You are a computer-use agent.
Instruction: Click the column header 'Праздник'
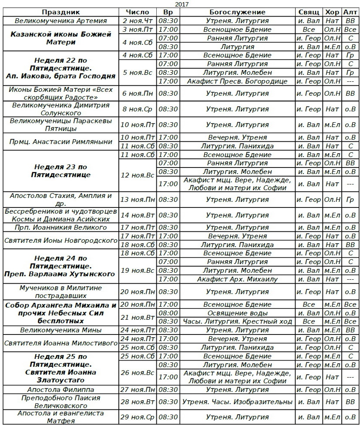tap(61, 12)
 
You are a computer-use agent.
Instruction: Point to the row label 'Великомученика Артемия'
tap(61, 21)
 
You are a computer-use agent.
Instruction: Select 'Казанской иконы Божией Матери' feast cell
tap(61, 38)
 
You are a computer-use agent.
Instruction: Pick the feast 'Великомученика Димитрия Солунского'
tap(61, 109)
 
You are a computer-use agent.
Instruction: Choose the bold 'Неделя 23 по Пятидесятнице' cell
tap(61, 171)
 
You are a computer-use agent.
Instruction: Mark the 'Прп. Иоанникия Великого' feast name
tap(61, 228)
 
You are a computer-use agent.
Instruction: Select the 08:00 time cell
tap(168, 313)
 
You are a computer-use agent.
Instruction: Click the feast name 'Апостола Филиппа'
tap(61, 390)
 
